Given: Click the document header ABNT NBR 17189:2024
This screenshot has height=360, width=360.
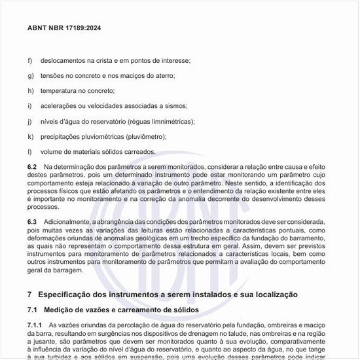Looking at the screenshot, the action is pos(64,29).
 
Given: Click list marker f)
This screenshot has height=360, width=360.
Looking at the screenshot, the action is pos(30,61).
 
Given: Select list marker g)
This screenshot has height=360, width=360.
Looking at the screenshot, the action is pos(30,76).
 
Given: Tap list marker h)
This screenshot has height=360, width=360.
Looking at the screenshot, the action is pos(30,91).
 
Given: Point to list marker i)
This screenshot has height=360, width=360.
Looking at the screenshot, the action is pos(29,106).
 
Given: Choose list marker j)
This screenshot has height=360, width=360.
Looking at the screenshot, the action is pos(29,122).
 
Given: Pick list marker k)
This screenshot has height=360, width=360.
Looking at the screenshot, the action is pos(30,137).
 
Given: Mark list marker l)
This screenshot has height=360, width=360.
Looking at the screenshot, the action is pos(29,152).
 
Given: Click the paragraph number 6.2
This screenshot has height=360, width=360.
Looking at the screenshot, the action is pos(32,168).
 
